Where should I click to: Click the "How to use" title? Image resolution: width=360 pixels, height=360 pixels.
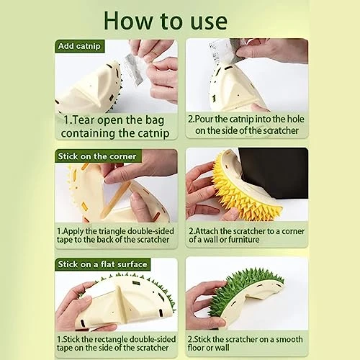click(166, 21)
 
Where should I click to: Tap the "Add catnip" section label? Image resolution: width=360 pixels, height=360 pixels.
click(79, 46)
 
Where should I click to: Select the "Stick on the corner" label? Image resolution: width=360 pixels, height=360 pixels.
click(97, 156)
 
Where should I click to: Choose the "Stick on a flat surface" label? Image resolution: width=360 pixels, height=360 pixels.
click(102, 264)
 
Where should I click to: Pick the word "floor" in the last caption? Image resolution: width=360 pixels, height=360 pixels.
click(196, 348)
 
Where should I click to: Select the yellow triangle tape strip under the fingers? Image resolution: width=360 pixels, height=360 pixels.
click(114, 199)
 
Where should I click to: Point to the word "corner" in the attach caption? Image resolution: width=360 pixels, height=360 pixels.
click(293, 231)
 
